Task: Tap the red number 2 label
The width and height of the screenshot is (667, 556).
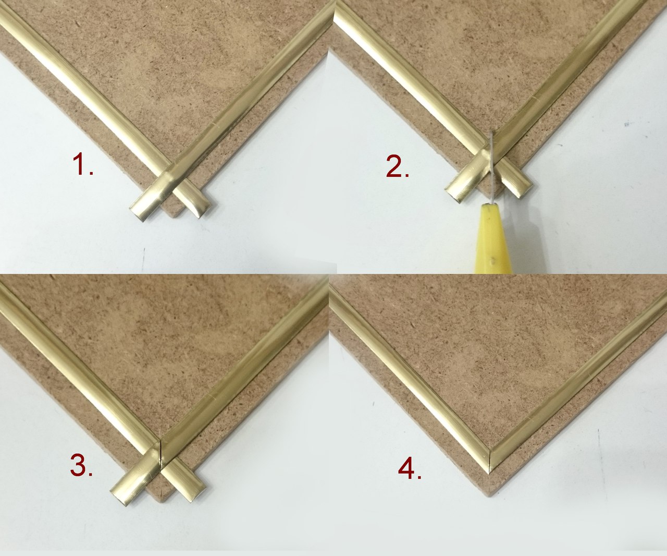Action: [398, 166]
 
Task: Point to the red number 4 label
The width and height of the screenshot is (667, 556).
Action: [410, 469]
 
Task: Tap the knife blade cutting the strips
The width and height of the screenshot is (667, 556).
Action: [491, 166]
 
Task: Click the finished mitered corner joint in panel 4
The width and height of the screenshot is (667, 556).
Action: [490, 461]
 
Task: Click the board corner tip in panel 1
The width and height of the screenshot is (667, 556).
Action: [173, 217]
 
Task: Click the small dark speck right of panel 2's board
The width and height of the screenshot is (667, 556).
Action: [627, 124]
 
